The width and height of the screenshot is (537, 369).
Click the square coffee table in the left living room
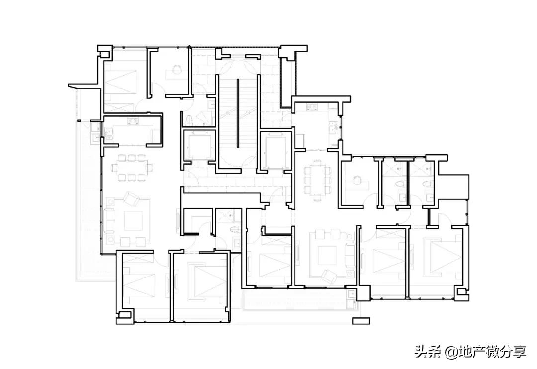click(x=133, y=221)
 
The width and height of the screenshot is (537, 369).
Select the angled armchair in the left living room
click(x=132, y=199)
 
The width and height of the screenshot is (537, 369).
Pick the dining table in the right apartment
click(x=317, y=180)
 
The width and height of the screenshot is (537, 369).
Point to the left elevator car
click(x=199, y=146)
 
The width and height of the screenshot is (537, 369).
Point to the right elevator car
click(x=276, y=150)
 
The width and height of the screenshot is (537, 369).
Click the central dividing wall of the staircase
click(x=237, y=113)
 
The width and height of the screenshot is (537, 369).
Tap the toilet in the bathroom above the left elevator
click(x=189, y=120)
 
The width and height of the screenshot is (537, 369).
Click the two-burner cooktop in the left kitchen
click(x=133, y=121)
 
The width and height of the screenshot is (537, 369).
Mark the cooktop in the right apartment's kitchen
click(x=312, y=107)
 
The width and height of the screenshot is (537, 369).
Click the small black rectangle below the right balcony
click(x=361, y=321)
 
